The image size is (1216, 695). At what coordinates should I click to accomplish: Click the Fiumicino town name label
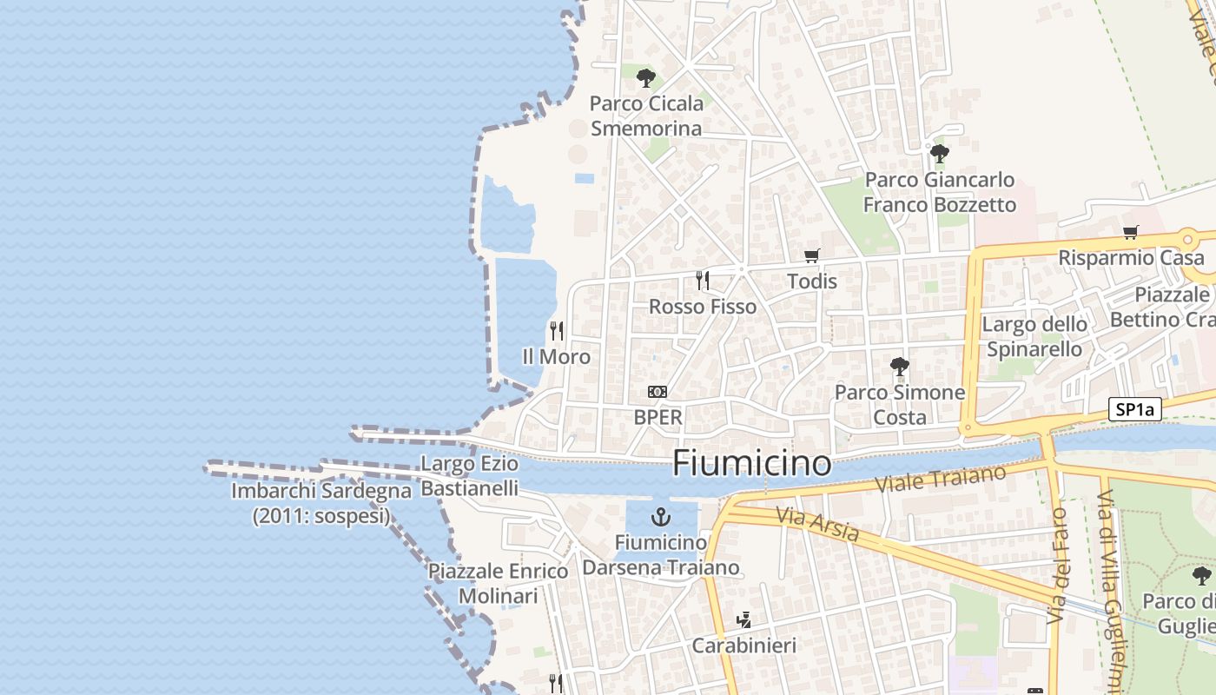pos(752,462)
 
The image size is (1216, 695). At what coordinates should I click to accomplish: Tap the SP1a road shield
pos(1135,410)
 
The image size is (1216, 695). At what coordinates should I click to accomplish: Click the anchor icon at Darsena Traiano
pos(662,518)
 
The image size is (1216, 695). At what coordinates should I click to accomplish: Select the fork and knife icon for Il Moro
pos(557,331)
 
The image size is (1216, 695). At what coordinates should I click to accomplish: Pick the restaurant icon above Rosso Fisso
pos(703,281)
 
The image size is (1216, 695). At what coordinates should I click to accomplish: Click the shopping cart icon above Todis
pos(812,255)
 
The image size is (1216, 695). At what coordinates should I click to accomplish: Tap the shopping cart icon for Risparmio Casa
pos(1130,232)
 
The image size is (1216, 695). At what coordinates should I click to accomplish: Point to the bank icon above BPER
pos(658,392)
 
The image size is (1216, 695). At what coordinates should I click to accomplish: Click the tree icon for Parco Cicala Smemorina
pos(645,78)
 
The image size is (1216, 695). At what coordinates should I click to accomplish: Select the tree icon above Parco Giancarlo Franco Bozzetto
pos(939,155)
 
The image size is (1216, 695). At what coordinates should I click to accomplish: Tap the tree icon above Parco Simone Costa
pos(900,367)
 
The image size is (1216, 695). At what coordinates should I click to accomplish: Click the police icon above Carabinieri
pos(743,620)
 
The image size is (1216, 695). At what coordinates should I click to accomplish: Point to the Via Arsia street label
pos(817,524)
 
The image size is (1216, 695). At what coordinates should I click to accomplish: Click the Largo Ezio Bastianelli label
pos(469,475)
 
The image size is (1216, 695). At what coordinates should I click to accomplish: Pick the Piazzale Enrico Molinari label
pos(498,584)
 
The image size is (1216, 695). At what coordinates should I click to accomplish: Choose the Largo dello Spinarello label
pos(1034,336)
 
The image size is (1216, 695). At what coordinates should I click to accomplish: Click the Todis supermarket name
pos(812,281)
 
